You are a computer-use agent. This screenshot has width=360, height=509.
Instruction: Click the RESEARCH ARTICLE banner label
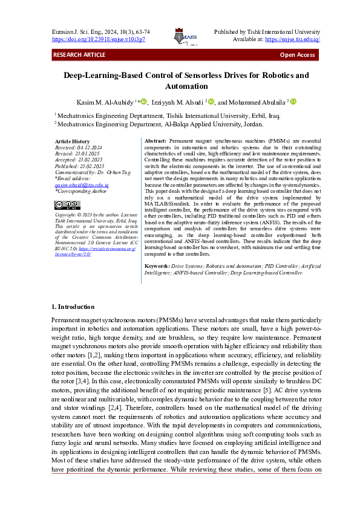pyautogui.click(x=79, y=55)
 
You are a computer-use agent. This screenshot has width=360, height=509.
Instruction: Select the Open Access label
pyautogui.click(x=297, y=55)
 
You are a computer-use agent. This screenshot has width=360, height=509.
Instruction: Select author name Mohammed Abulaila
pyautogui.click(x=257, y=103)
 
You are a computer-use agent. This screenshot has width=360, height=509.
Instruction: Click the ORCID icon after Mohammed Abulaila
pyautogui.click(x=293, y=103)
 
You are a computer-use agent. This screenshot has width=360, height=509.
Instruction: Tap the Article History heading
pyautogui.click(x=72, y=141)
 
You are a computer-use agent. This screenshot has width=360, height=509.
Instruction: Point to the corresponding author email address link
pyautogui.click(x=82, y=184)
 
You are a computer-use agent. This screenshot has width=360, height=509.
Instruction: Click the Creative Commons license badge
pyautogui.click(x=67, y=205)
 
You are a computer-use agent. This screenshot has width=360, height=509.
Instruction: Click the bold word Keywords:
pyautogui.click(x=157, y=266)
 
